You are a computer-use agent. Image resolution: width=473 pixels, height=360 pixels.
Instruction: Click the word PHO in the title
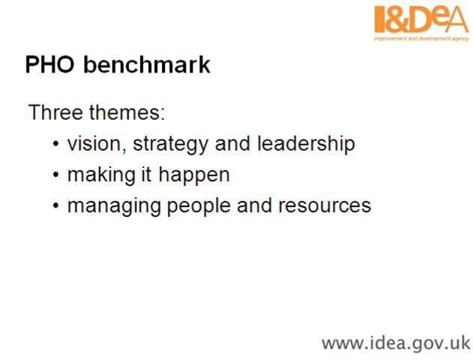[50, 64]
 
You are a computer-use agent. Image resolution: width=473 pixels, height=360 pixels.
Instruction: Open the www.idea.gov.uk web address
[395, 343]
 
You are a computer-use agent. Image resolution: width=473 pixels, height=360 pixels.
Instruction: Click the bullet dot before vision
[57, 145]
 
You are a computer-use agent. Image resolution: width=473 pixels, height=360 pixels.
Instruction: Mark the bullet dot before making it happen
[57, 175]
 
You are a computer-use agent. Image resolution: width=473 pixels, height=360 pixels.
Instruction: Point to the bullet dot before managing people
[57, 206]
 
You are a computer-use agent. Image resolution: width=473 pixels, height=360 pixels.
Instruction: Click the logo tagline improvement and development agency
[421, 37]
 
